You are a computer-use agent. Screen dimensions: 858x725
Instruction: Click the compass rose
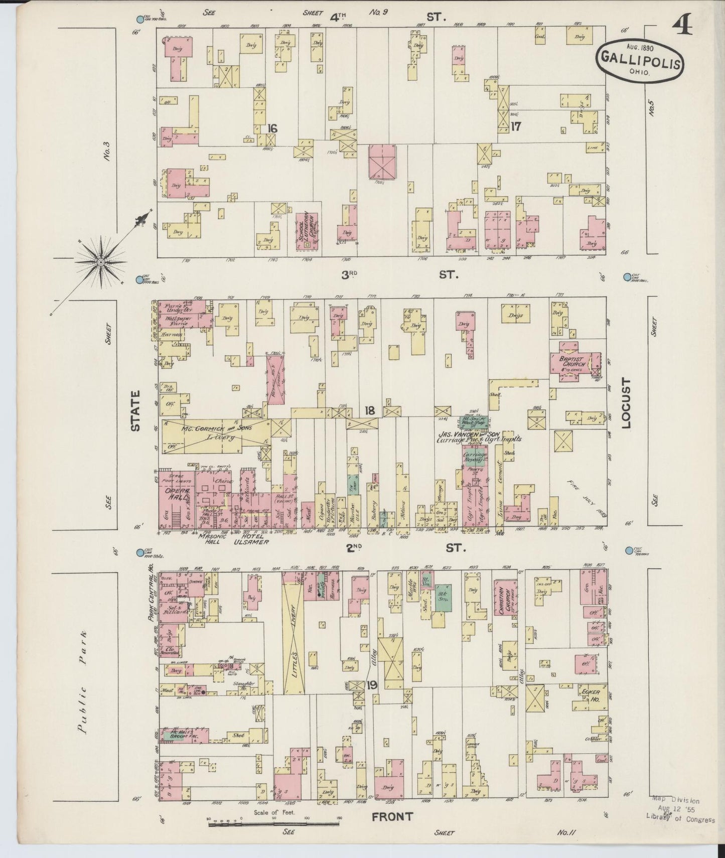point(101,261)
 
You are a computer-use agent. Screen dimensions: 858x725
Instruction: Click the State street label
point(134,411)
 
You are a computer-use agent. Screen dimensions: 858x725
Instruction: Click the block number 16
point(272,128)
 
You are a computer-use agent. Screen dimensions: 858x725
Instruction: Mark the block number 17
point(515,126)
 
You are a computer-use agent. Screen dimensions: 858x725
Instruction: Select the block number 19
point(372,684)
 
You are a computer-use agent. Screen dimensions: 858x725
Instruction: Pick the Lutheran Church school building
point(308,231)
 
